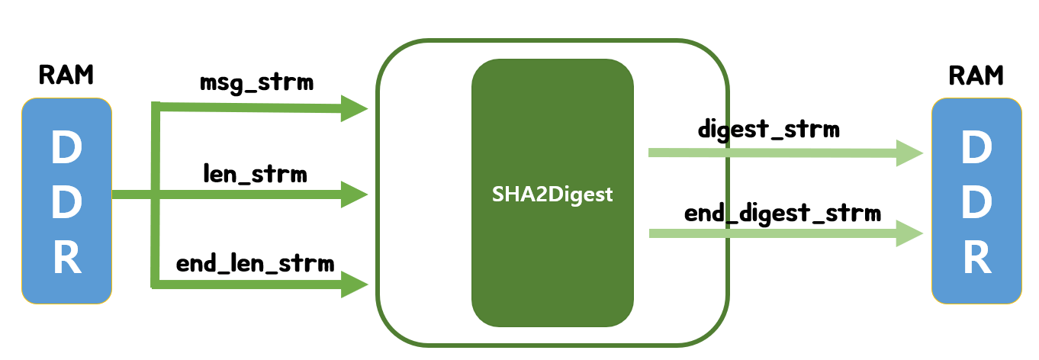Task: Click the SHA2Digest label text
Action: click(552, 194)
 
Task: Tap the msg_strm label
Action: click(256, 82)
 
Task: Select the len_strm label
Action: click(255, 175)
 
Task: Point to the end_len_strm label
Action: click(256, 264)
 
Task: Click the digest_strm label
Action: click(768, 129)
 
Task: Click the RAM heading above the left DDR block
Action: click(66, 76)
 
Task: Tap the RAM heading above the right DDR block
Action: click(976, 76)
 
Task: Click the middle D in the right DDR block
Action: click(976, 203)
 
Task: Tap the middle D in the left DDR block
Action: click(67, 203)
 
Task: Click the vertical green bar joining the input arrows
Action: click(156, 229)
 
